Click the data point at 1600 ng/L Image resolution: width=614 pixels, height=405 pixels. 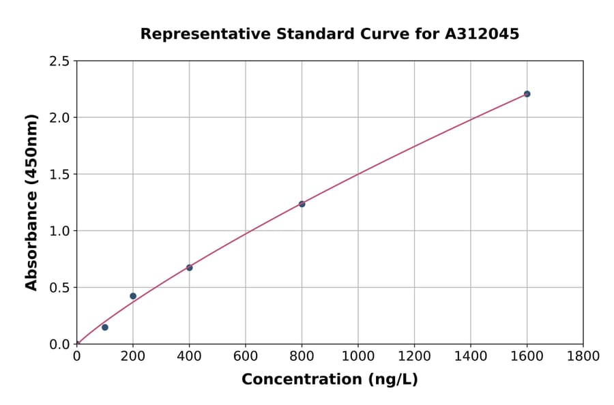pyautogui.click(x=527, y=94)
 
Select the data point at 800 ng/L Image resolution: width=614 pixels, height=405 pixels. pyautogui.click(x=302, y=204)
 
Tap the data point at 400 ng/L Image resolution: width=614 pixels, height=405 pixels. pyautogui.click(x=189, y=267)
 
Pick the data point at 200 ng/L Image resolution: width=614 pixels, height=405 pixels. pyautogui.click(x=133, y=296)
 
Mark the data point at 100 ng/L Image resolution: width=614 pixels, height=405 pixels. pyautogui.click(x=105, y=327)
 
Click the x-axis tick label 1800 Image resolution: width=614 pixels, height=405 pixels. pyautogui.click(x=583, y=356)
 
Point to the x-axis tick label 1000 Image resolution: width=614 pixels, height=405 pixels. pyautogui.click(x=357, y=356)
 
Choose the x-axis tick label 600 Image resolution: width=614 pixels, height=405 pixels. pyautogui.click(x=246, y=356)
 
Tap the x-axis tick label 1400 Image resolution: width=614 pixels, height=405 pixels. pyautogui.click(x=470, y=356)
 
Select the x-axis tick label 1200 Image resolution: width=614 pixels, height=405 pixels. pyautogui.click(x=414, y=356)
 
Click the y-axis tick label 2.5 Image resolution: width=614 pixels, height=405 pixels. pyautogui.click(x=60, y=61)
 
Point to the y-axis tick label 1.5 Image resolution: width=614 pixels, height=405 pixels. pyautogui.click(x=60, y=175)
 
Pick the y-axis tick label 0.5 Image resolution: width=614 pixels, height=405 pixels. pyautogui.click(x=60, y=288)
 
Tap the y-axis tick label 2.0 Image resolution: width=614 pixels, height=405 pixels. pyautogui.click(x=60, y=118)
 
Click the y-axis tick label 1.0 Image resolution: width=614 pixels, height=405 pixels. pyautogui.click(x=60, y=231)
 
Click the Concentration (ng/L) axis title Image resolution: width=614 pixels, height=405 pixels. pyautogui.click(x=330, y=380)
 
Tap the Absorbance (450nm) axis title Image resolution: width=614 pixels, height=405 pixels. pyautogui.click(x=31, y=202)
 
